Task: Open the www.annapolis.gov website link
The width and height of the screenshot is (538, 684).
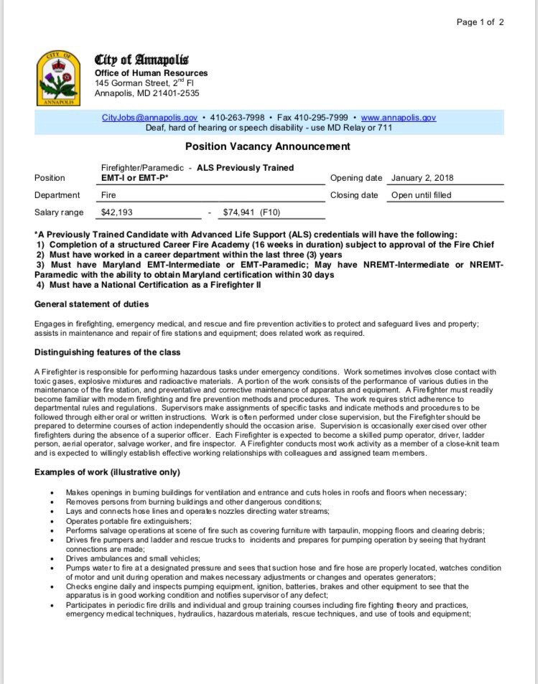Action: tap(398, 117)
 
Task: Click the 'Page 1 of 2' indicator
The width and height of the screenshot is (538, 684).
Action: tap(481, 22)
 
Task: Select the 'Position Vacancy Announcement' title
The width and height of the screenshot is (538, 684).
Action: tap(268, 147)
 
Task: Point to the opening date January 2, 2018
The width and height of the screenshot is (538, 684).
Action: tap(422, 178)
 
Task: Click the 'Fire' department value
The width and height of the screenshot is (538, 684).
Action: tap(109, 195)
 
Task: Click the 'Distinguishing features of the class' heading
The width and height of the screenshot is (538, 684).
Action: tap(107, 352)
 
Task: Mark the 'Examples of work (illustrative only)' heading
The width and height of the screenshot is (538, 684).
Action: tap(107, 472)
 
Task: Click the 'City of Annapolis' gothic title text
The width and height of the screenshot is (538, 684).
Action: tap(142, 60)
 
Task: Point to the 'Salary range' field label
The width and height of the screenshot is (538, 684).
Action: tap(59, 212)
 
